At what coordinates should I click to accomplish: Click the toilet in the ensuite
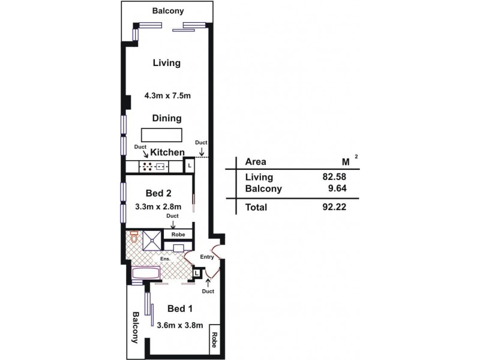pos(133,237)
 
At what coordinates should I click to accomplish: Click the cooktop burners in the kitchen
pos(146,166)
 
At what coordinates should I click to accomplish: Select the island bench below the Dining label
pos(161,134)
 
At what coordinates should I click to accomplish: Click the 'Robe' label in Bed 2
pos(178,235)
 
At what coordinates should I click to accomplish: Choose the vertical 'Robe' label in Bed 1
pos(213,341)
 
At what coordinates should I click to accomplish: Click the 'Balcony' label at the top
pos(167,11)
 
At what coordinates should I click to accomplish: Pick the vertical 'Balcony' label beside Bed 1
pos(136,327)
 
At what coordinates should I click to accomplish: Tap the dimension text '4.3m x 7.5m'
pos(167,95)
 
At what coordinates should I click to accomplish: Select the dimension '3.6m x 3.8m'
pos(179,326)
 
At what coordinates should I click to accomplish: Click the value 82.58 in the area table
pos(335,177)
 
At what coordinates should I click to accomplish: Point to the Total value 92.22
pos(335,207)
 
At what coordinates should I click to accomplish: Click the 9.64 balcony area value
pos(337,188)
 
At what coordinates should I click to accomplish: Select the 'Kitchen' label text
pos(167,153)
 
